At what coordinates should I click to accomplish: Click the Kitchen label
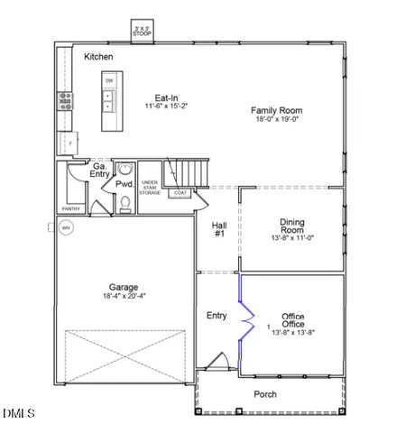[x=98, y=57]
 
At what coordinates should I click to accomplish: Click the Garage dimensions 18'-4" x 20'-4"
[x=124, y=296]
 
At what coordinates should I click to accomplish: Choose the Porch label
[x=265, y=394]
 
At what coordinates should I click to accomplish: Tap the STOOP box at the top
[x=142, y=30]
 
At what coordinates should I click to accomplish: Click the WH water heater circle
[x=65, y=229]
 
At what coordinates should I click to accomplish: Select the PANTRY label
[x=71, y=208]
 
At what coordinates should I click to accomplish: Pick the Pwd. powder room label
[x=124, y=184]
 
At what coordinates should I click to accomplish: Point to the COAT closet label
[x=181, y=192]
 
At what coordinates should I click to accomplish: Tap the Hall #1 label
[x=219, y=230]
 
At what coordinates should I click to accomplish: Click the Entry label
[x=216, y=315]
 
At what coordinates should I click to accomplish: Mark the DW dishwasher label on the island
[x=109, y=80]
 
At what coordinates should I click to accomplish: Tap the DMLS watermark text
[x=18, y=414]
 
